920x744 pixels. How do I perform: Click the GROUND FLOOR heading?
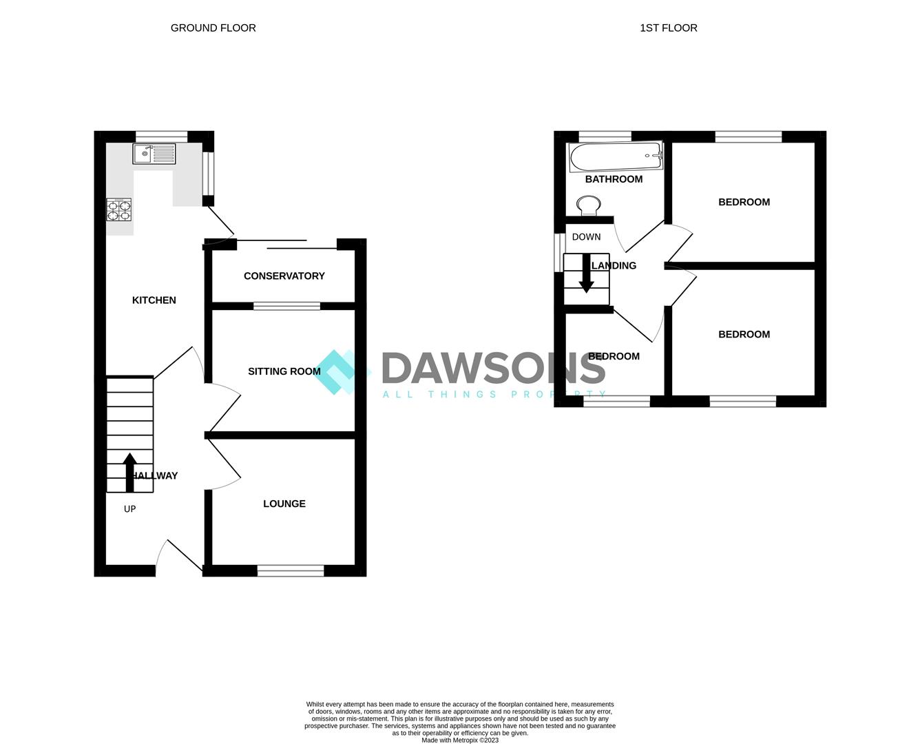213,28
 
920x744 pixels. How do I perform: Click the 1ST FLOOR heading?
668,28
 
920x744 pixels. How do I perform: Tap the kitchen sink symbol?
154,154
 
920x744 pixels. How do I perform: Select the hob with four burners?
118,209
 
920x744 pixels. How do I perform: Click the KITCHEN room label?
154,300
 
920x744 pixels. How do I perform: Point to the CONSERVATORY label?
284,276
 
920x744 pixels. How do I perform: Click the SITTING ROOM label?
284,371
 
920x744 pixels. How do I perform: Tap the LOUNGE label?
284,504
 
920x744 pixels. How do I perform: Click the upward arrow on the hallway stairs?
129,471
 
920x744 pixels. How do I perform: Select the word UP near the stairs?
129,509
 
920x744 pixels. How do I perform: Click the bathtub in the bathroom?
615,157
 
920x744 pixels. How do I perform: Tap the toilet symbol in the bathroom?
587,205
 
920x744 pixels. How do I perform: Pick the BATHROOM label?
614,179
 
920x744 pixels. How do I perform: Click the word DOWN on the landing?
586,237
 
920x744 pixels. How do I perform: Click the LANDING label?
615,265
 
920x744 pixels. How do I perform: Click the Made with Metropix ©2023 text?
459,741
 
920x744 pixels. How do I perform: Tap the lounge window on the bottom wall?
290,570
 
